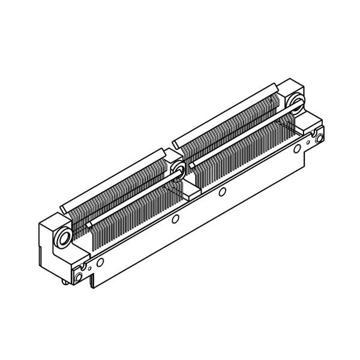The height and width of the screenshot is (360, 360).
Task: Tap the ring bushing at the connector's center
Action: [178, 170]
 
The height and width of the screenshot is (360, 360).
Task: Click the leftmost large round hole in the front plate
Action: [100, 262]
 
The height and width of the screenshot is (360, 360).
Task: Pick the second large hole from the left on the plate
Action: [175, 219]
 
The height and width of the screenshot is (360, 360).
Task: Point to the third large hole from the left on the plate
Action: [223, 192]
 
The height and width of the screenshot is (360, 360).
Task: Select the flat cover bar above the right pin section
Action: [225, 114]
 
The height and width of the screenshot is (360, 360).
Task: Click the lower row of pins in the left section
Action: [132, 222]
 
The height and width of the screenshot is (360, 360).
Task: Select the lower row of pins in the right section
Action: [246, 156]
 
